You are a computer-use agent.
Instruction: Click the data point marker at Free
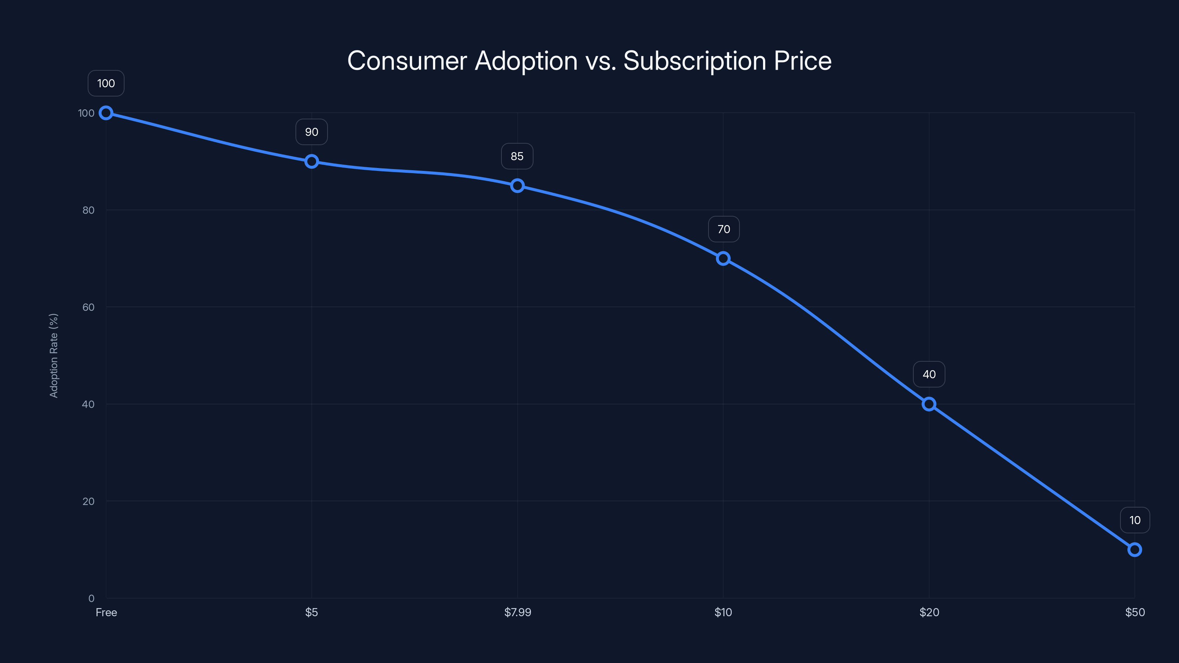[106, 113]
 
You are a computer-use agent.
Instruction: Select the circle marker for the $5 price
[312, 162]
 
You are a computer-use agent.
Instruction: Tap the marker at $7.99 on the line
[517, 186]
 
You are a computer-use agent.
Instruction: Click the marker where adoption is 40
[928, 404]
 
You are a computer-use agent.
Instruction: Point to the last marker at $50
[1135, 550]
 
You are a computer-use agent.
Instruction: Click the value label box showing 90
[312, 132]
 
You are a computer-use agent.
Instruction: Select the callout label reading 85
[517, 157]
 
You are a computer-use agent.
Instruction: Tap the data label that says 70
[724, 229]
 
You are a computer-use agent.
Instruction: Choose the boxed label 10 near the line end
[1135, 520]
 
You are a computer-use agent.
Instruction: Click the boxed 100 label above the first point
[106, 83]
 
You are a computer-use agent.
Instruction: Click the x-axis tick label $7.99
[518, 612]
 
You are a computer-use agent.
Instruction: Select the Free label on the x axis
[106, 612]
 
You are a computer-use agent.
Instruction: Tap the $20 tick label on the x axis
[929, 612]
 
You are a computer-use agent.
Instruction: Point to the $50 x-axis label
[1135, 612]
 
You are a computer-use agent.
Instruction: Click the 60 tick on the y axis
[88, 307]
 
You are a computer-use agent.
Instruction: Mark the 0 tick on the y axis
[91, 598]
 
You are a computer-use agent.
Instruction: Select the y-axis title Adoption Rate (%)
[53, 355]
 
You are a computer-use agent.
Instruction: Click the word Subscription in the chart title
[695, 61]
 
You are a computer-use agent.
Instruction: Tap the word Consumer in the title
[407, 61]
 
